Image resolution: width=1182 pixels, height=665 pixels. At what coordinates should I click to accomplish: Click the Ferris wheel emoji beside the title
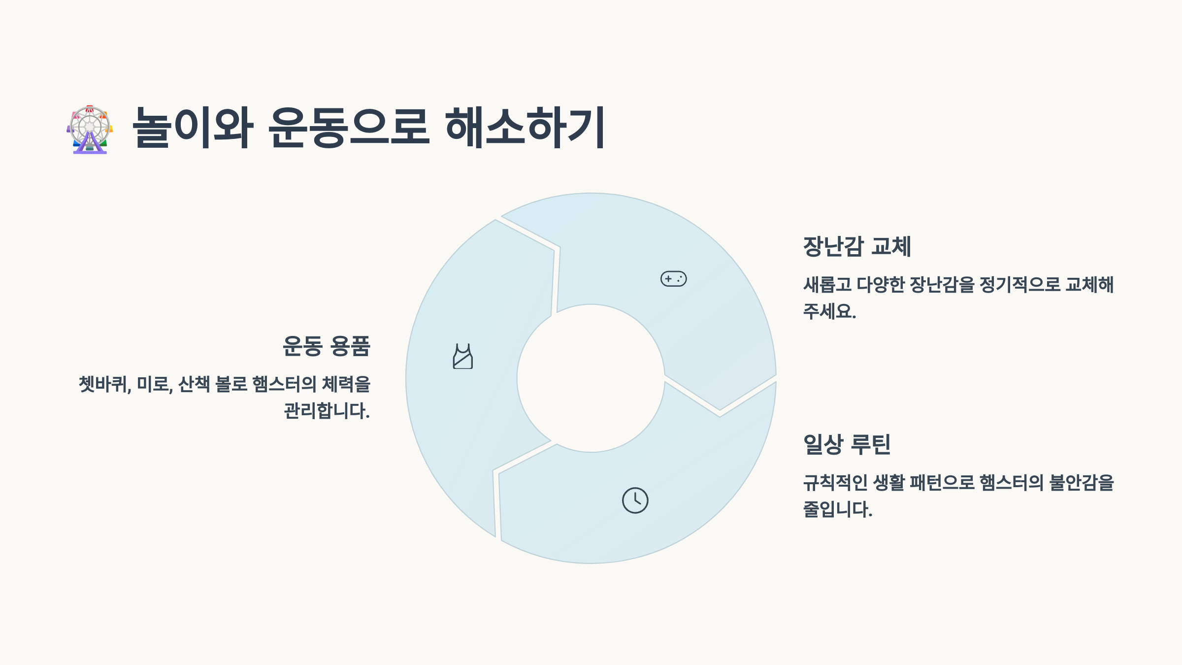(90, 129)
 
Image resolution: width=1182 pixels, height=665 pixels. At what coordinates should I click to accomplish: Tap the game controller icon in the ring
(673, 279)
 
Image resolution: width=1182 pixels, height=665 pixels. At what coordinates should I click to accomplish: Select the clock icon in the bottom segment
(635, 500)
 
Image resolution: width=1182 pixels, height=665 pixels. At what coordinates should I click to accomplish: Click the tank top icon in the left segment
(462, 356)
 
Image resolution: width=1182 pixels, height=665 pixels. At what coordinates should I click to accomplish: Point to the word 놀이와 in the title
(193, 128)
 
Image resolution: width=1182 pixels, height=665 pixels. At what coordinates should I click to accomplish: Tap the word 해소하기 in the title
(525, 128)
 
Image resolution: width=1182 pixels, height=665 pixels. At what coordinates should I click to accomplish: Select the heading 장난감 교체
(857, 246)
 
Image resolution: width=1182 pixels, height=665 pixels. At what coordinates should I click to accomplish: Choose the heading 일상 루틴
(847, 444)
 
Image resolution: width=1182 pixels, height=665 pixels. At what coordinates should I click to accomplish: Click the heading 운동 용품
(326, 346)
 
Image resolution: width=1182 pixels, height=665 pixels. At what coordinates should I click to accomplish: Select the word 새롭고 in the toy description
(827, 285)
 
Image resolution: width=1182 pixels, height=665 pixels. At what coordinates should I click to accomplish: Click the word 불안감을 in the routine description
(1082, 483)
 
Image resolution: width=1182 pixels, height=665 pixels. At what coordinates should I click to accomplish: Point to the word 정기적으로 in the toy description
(1020, 285)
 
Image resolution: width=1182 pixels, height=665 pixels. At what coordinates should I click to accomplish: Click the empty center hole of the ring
(591, 378)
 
